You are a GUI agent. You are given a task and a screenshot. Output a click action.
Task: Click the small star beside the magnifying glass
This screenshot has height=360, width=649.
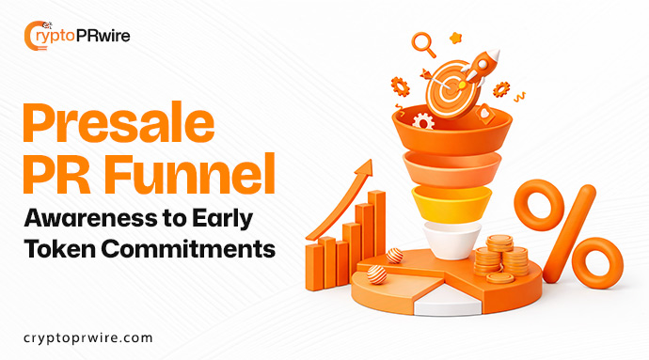click(x=456, y=37)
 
